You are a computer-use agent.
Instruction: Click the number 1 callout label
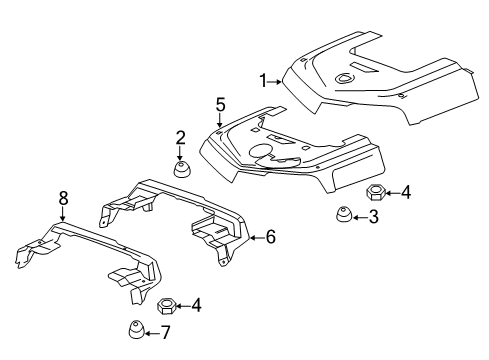point(264,80)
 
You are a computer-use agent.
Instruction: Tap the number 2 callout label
point(181,137)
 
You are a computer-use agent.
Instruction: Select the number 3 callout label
point(373,217)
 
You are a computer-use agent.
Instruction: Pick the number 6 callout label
point(268,237)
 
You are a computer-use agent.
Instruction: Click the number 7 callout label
point(166,332)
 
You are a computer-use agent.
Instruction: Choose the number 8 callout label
point(63,199)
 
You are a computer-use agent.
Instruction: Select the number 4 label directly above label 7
point(197,305)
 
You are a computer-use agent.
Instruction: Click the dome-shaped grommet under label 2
point(182,169)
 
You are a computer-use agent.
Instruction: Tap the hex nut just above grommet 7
point(168,304)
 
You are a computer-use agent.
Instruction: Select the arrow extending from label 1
point(277,80)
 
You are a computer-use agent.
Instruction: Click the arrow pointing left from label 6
point(254,237)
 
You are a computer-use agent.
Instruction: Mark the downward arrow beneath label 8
point(63,213)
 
